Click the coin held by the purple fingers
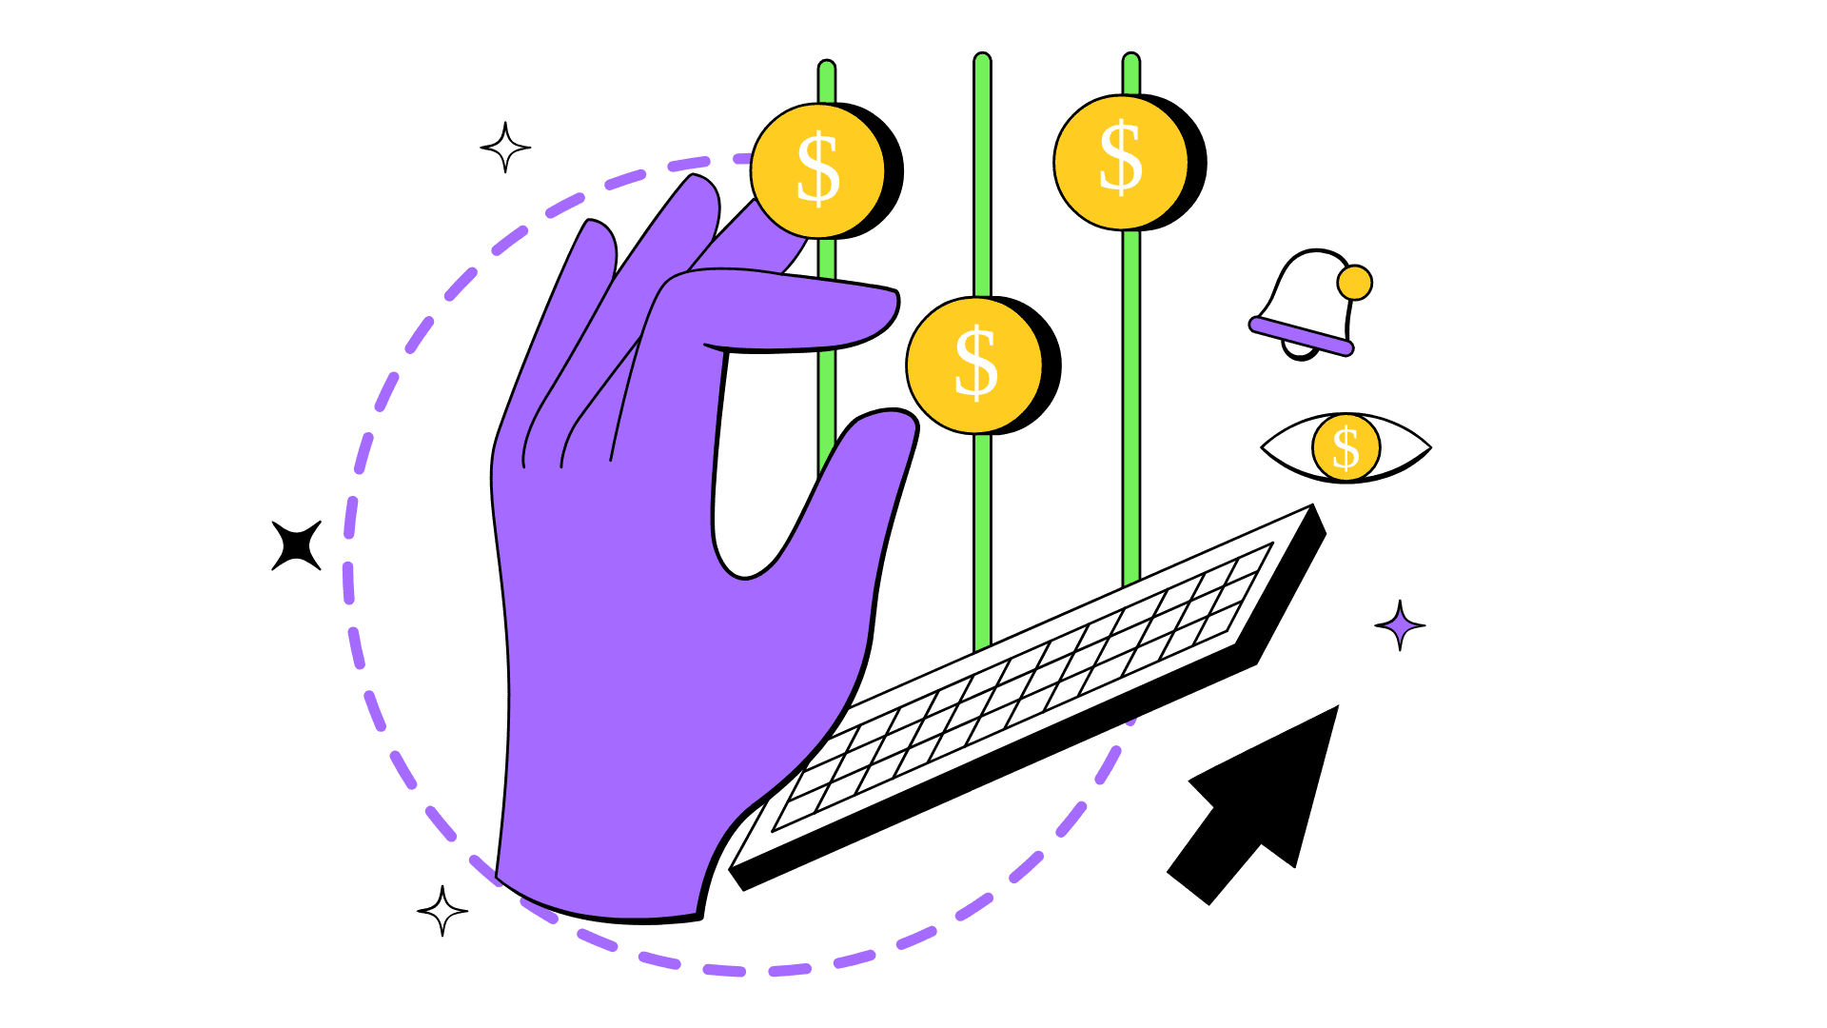817,171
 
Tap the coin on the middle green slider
974,365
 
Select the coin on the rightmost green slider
1120,162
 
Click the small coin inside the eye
1346,447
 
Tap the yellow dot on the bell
1354,283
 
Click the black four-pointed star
296,545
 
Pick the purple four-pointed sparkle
1400,625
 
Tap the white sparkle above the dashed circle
505,148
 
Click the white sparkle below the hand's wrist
442,911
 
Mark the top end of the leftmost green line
827,69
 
